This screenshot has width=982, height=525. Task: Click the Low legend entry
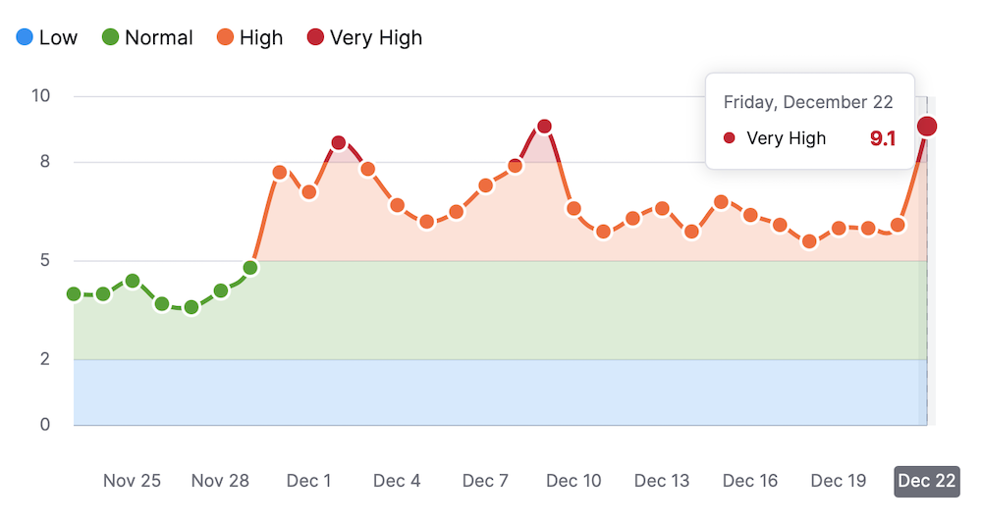[46, 38]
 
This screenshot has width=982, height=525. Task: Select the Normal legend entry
[146, 38]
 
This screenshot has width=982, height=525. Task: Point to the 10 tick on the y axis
[41, 96]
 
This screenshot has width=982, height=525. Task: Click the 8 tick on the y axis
[45, 162]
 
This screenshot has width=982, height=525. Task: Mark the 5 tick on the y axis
[45, 261]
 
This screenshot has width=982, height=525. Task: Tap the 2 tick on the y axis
[45, 359]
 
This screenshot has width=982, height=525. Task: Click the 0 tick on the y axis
[45, 425]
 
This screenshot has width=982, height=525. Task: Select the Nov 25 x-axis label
[132, 481]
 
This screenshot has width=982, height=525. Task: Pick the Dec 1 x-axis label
[308, 481]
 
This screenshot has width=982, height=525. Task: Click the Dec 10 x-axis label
[573, 481]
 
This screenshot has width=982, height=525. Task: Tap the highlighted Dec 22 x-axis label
[926, 481]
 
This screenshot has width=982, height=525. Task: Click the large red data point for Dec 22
[926, 126]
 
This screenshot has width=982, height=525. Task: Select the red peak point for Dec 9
[544, 127]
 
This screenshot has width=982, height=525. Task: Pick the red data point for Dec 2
[339, 143]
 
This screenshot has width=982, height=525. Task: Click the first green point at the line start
[74, 294]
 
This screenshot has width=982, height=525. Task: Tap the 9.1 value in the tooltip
[883, 138]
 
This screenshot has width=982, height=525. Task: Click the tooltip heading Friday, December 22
[808, 102]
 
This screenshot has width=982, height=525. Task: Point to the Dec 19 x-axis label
[839, 481]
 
